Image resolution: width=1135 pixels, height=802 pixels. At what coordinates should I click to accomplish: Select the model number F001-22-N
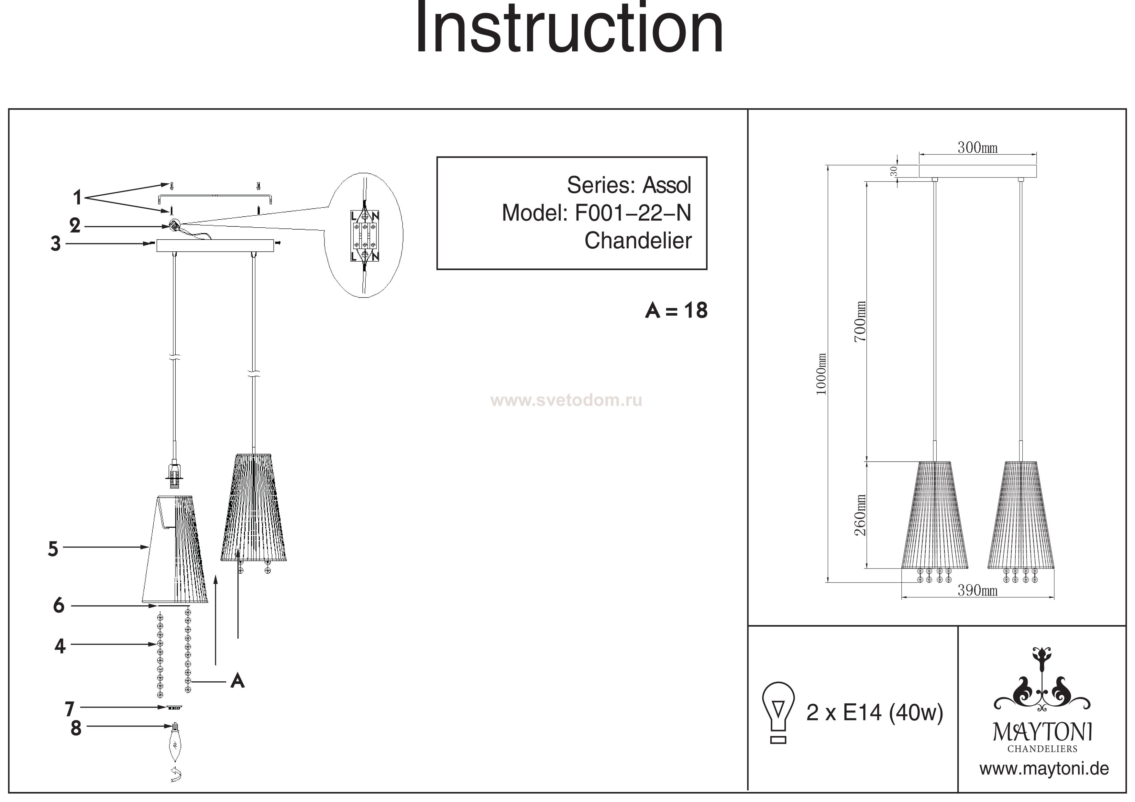point(633,213)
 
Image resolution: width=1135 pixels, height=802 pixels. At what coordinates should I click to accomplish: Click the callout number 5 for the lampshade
point(53,549)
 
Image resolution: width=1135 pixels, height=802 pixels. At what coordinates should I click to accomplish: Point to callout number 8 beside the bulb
point(76,728)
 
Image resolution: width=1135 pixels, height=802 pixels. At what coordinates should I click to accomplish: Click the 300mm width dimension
point(977,148)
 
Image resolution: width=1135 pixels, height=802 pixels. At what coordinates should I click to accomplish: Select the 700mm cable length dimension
point(860,321)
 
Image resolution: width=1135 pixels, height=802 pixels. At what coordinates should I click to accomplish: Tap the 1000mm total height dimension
point(821,374)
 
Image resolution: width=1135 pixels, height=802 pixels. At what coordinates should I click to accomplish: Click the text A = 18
point(676,311)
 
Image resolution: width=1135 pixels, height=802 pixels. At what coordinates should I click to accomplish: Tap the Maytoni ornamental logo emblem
point(1042,687)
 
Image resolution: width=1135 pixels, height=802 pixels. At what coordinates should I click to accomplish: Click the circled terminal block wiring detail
point(364,236)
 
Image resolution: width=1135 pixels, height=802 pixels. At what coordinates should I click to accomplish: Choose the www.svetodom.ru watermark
point(566,400)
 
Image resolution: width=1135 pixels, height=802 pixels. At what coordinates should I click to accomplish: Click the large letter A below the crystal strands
point(237,681)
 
